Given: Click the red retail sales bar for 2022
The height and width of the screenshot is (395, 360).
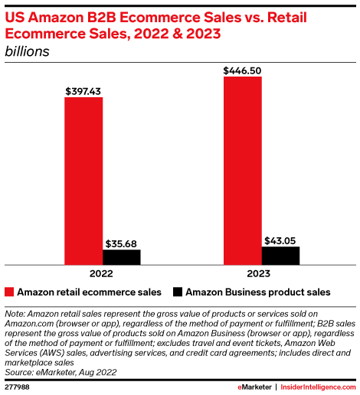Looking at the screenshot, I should tap(83, 181).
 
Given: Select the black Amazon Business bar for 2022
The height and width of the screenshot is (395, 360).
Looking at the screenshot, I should tap(122, 256).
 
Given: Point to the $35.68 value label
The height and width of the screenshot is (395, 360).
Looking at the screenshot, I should tap(122, 242).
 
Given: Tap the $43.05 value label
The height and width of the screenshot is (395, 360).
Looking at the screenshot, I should tap(280, 240).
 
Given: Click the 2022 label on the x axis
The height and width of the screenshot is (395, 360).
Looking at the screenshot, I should tap(103, 273).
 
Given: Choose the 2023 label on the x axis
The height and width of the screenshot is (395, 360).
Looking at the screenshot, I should tap(261, 273).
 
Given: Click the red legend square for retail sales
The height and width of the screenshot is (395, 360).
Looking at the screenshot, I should tap(9, 292).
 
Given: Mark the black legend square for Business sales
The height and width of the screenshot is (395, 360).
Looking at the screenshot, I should tap(178, 292).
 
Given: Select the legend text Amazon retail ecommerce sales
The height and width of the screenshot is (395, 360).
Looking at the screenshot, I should tap(89, 292).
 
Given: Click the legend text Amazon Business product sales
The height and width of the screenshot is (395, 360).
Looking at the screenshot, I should tap(257, 292).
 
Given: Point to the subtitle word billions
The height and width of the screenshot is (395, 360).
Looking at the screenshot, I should tap(28, 51).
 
